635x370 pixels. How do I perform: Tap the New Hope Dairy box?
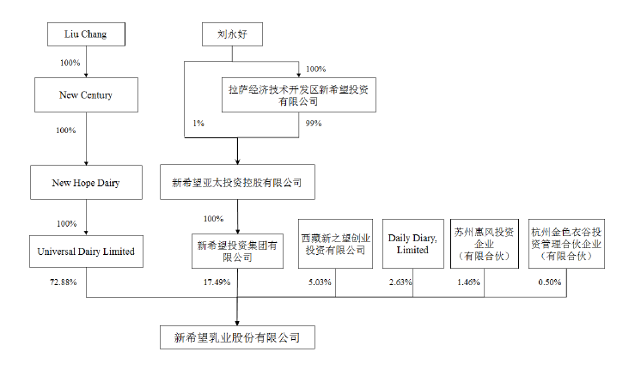86,182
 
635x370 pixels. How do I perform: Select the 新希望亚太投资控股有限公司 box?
237,182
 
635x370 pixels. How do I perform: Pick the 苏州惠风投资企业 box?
485,244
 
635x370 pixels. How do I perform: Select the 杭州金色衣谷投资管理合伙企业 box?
565,244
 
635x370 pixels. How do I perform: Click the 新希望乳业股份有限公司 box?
237,337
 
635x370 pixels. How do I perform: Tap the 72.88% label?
65,282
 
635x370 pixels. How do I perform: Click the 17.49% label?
217,282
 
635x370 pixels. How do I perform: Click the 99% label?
314,124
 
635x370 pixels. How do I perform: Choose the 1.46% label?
468,282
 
